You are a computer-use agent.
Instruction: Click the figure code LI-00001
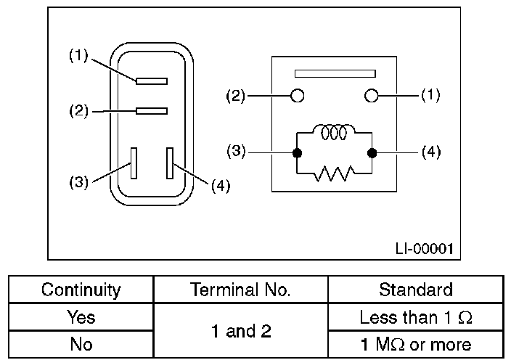tap(424, 248)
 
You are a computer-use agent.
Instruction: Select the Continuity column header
tap(81, 290)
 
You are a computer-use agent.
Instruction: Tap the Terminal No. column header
tap(240, 290)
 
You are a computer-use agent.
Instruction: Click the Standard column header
tap(415, 290)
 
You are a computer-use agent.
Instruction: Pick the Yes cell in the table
tap(81, 317)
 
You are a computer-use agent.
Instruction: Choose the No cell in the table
tap(81, 344)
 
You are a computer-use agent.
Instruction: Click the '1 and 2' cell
tap(240, 331)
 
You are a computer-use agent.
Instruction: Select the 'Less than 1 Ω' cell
tap(415, 317)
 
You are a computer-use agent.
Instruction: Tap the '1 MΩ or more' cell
tap(415, 344)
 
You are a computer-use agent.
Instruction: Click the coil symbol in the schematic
tap(334, 133)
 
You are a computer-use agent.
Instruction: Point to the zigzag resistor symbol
tap(334, 173)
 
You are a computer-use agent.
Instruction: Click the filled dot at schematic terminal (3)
tap(296, 153)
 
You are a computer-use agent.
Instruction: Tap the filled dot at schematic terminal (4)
tap(372, 153)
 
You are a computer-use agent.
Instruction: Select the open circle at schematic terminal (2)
tap(296, 95)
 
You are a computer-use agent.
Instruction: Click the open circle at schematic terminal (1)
tap(372, 95)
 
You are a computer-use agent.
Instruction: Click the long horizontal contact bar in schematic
tap(334, 73)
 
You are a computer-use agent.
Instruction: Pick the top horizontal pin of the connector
tap(152, 81)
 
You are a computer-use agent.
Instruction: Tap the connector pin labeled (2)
tap(152, 111)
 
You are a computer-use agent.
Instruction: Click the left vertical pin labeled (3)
tap(134, 163)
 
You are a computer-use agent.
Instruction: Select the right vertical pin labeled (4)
tap(170, 163)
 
